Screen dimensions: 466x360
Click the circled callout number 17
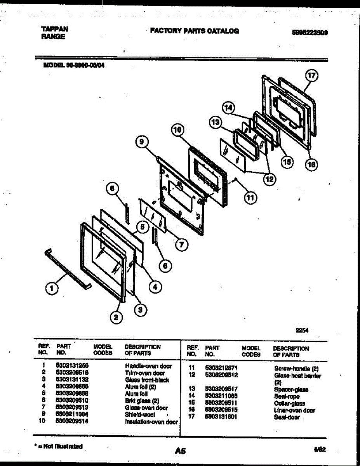pos(311,76)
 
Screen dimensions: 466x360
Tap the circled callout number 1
pos(50,288)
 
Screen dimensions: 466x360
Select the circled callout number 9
pos(142,143)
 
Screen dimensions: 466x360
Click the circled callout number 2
pos(115,318)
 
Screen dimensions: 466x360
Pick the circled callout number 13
pos(215,123)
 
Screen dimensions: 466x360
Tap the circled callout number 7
pos(181,244)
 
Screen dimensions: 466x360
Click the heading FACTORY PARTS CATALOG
pos(195,31)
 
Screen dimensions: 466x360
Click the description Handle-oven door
pos(148,366)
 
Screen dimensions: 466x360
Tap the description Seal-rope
pos(287,396)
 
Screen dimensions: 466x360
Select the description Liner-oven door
pos(294,410)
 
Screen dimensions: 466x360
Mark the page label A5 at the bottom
pos(180,451)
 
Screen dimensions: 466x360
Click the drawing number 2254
pos(302,330)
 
